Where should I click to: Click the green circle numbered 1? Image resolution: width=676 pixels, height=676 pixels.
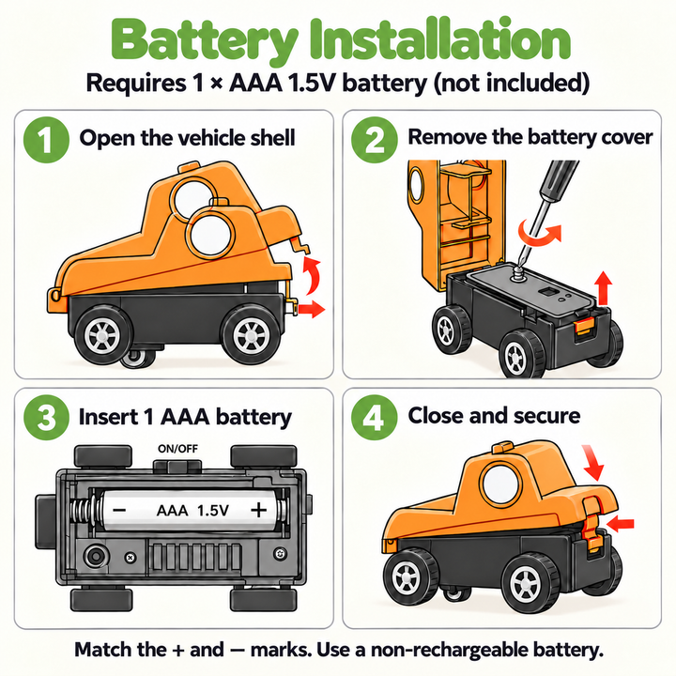[x=46, y=140]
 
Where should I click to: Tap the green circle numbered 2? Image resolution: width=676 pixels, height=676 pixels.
[x=375, y=140]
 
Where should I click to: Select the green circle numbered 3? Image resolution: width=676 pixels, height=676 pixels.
[x=46, y=417]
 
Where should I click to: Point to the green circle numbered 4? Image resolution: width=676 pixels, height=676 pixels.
[x=375, y=417]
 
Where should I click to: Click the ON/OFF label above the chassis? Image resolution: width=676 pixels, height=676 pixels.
[x=177, y=449]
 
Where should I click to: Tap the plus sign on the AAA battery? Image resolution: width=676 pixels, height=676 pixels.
[x=259, y=510]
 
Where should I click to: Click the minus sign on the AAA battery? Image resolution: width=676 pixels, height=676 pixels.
[x=119, y=511]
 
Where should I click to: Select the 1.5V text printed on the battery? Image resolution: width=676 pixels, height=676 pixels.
[x=213, y=511]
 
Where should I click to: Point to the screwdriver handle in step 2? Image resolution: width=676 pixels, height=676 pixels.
[x=560, y=179]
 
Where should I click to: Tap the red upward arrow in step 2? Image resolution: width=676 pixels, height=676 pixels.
[x=603, y=288]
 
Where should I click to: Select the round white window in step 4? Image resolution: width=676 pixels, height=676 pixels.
[x=500, y=484]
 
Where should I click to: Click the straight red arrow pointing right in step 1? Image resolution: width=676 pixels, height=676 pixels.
[x=312, y=309]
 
